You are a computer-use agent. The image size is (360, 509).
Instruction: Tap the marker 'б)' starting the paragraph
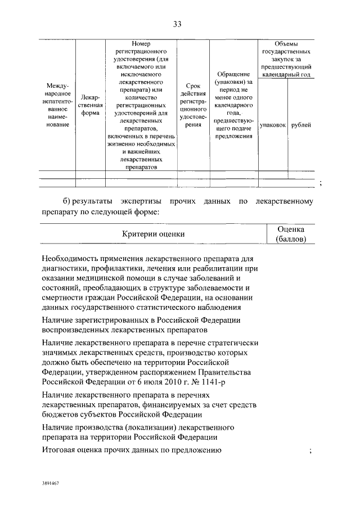(66, 201)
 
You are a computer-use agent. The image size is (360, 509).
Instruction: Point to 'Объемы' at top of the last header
(286, 43)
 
